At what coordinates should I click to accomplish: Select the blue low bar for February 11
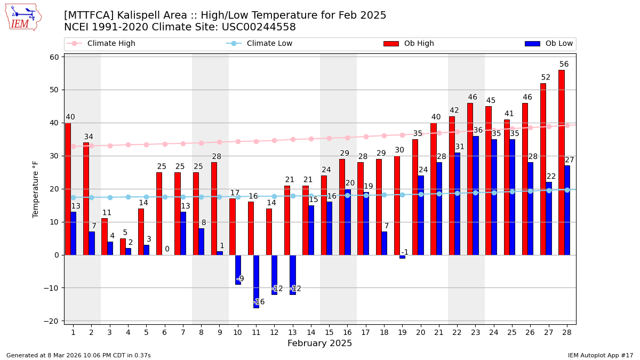point(256,281)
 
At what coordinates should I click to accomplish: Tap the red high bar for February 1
point(68,189)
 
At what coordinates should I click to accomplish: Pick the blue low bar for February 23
point(475,195)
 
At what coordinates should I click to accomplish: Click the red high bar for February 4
point(123,246)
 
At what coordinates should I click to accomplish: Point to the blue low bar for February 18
point(384,243)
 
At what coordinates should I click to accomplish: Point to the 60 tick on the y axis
point(54,57)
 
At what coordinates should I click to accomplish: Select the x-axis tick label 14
point(310,332)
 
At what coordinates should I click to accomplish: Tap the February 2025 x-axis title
point(319,343)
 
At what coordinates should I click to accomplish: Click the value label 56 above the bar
point(564,65)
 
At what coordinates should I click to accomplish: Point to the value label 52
point(546,77)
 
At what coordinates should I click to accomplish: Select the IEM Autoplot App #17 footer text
point(600,355)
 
